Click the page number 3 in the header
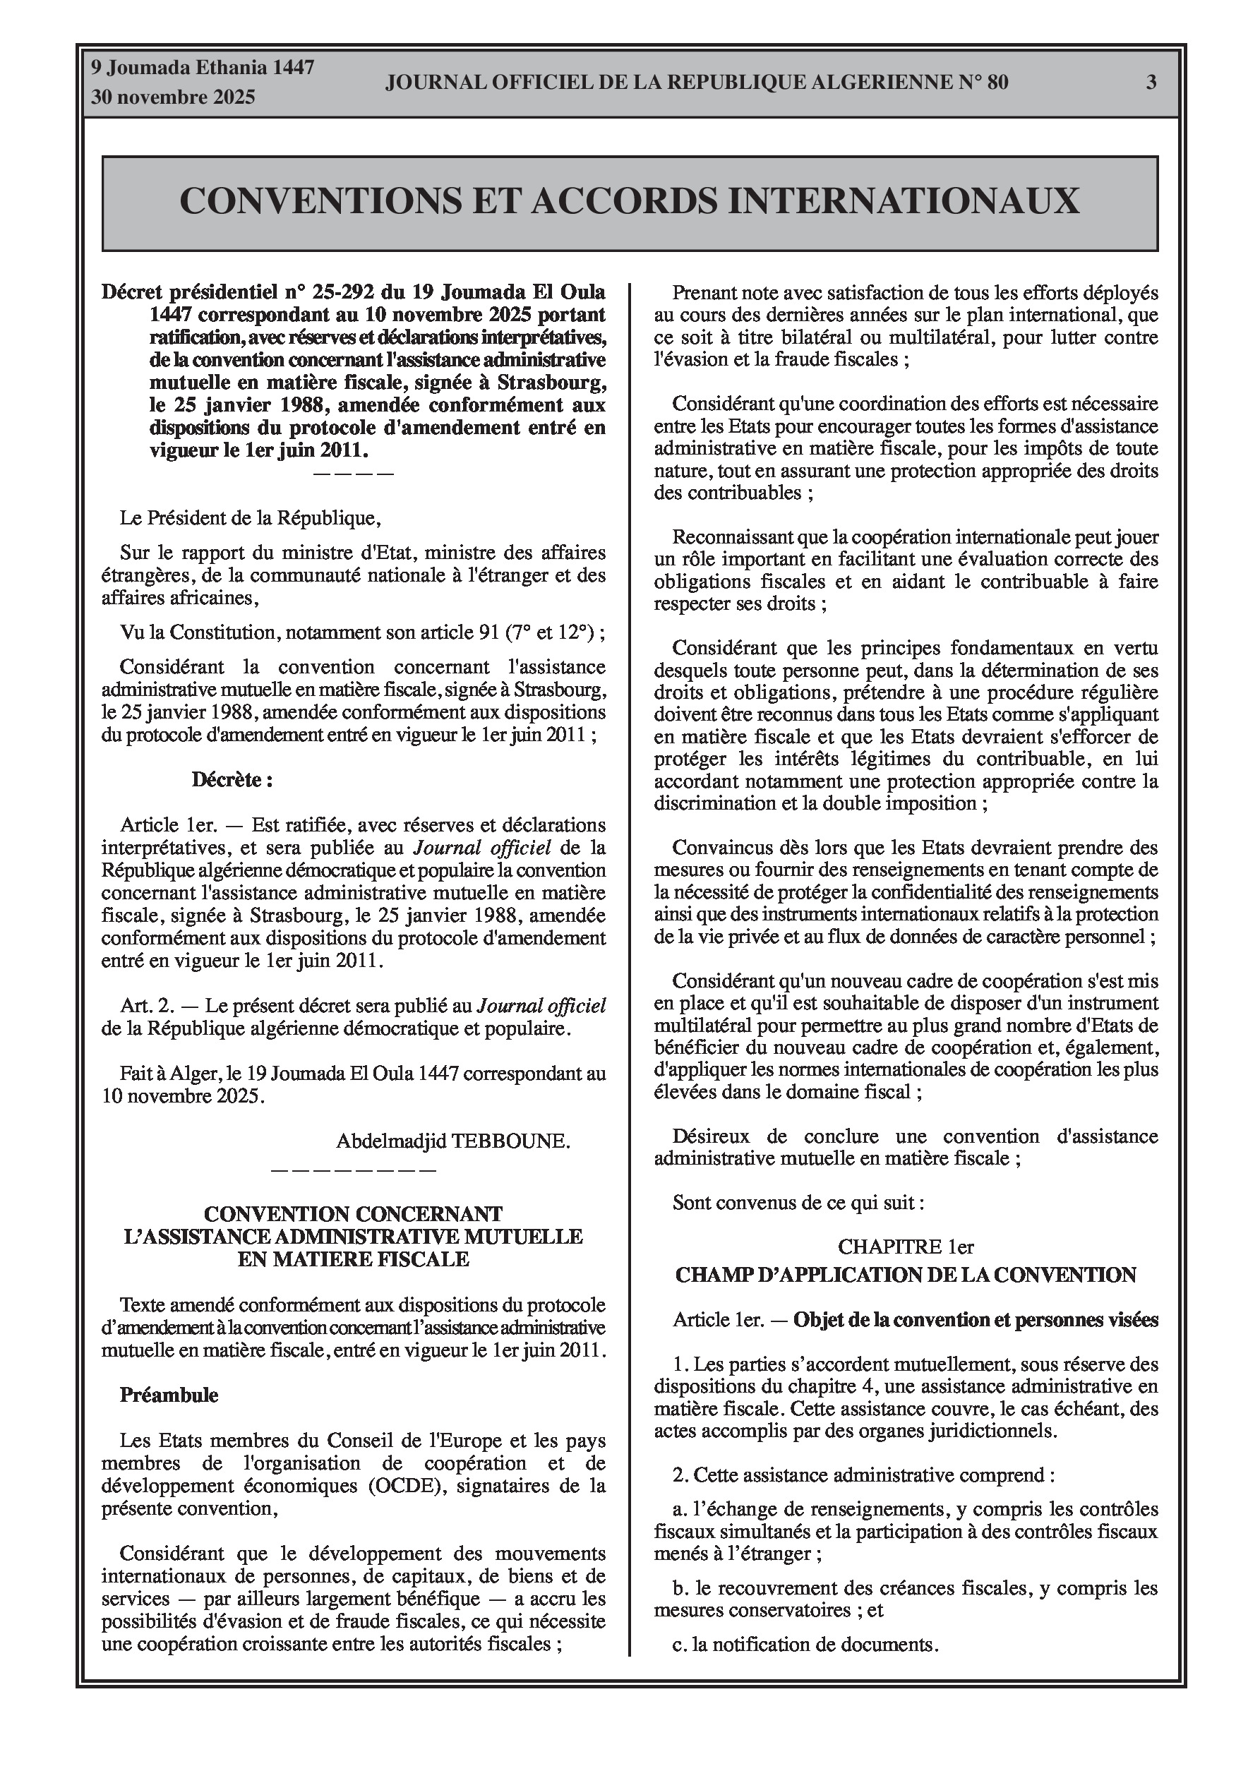pos(1151,83)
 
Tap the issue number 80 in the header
pos(997,83)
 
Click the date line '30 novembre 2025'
pos(173,98)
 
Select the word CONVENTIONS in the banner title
pos(318,201)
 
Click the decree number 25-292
pos(361,293)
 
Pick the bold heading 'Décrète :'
pos(232,780)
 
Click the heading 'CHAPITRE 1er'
pos(906,1247)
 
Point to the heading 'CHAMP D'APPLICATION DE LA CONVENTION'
pos(906,1275)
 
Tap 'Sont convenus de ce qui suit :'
pos(798,1203)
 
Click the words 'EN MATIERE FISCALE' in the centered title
pos(354,1259)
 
